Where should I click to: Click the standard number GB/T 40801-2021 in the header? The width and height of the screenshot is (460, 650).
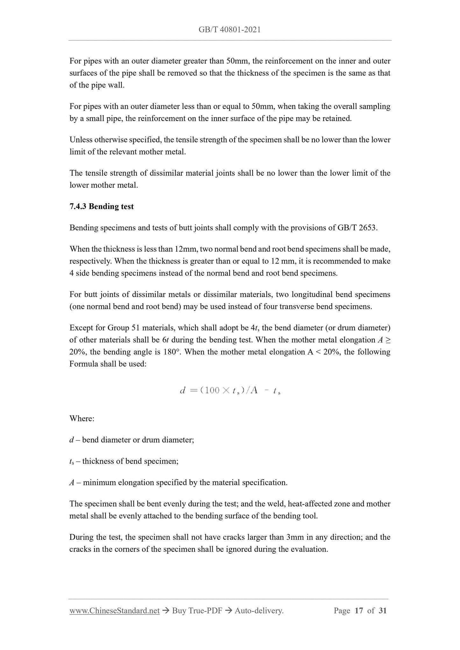tap(230, 30)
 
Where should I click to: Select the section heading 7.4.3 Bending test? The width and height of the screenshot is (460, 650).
tap(102, 206)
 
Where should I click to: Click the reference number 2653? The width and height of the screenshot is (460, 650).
tap(367, 228)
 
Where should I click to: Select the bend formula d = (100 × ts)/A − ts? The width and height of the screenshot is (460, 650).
tap(230, 391)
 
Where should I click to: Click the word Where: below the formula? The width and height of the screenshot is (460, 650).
tap(82, 418)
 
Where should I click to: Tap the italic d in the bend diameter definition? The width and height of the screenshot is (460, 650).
tap(72, 440)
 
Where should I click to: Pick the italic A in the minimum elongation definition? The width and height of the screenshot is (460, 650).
tap(72, 483)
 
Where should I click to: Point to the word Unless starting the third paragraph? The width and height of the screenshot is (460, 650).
tap(81, 140)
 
